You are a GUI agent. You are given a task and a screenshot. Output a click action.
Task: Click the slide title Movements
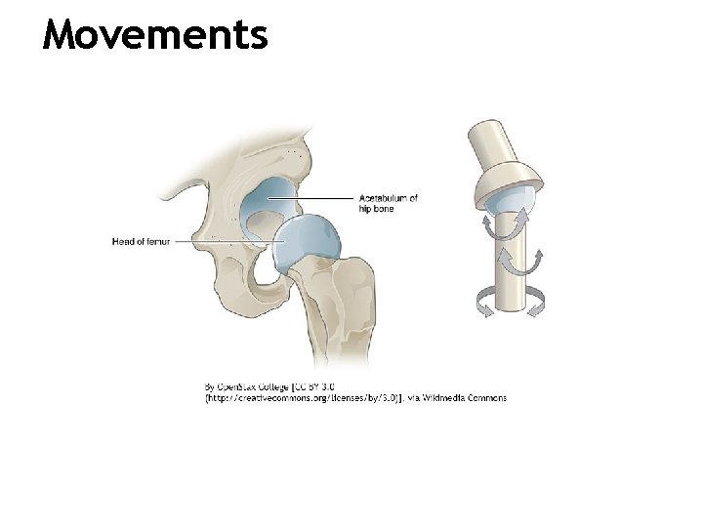click(155, 35)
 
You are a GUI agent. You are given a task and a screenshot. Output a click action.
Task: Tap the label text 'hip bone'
click(377, 209)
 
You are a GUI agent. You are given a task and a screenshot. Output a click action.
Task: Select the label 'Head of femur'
click(141, 242)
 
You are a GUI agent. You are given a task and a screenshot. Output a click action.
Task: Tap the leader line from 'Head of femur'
click(225, 242)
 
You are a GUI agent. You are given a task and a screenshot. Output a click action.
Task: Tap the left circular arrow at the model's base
click(483, 304)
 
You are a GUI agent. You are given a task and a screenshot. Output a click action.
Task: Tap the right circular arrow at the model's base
click(534, 304)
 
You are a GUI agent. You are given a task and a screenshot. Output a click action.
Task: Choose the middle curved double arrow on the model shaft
click(519, 262)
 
